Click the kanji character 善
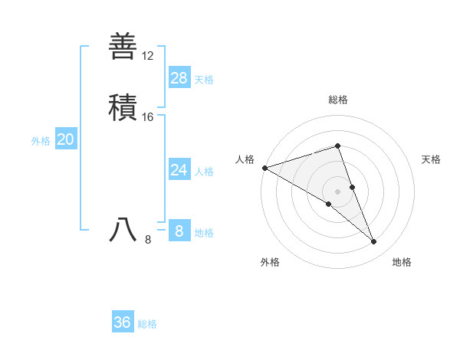tap(123, 46)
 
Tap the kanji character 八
tap(123, 230)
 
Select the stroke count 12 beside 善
tap(147, 56)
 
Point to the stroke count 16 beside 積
tap(147, 117)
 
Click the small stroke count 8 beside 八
tap(148, 240)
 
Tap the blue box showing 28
tap(179, 77)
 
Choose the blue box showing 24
tap(179, 169)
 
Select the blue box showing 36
tap(123, 322)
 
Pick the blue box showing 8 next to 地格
tap(179, 231)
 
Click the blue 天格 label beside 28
tap(204, 79)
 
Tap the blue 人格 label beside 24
tap(204, 171)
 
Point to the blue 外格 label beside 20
tap(41, 140)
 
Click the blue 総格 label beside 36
tap(147, 324)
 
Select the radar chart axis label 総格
tap(337, 100)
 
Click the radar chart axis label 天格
tap(432, 159)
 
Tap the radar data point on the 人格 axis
tap(264, 167)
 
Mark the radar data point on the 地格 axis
tap(373, 241)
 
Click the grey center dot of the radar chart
tap(337, 191)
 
